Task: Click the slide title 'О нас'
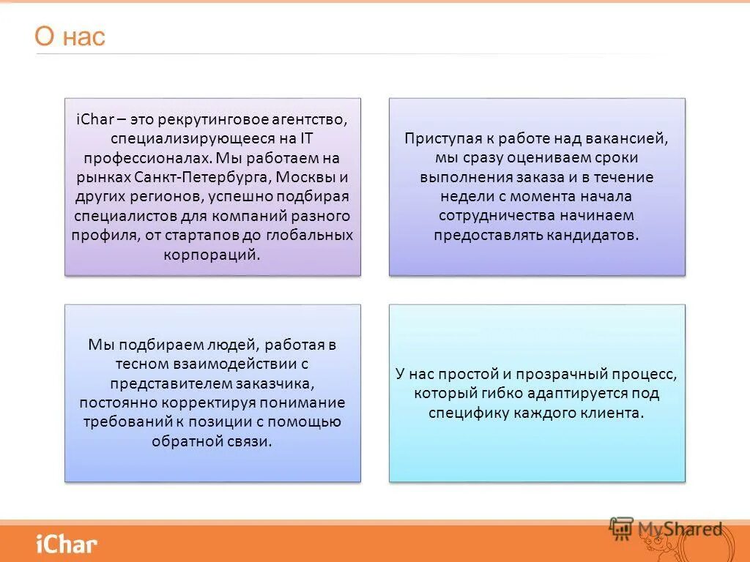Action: [x=70, y=37]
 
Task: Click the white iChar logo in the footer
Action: [x=66, y=544]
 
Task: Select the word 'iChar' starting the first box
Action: [x=91, y=119]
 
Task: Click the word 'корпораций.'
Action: [x=212, y=255]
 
